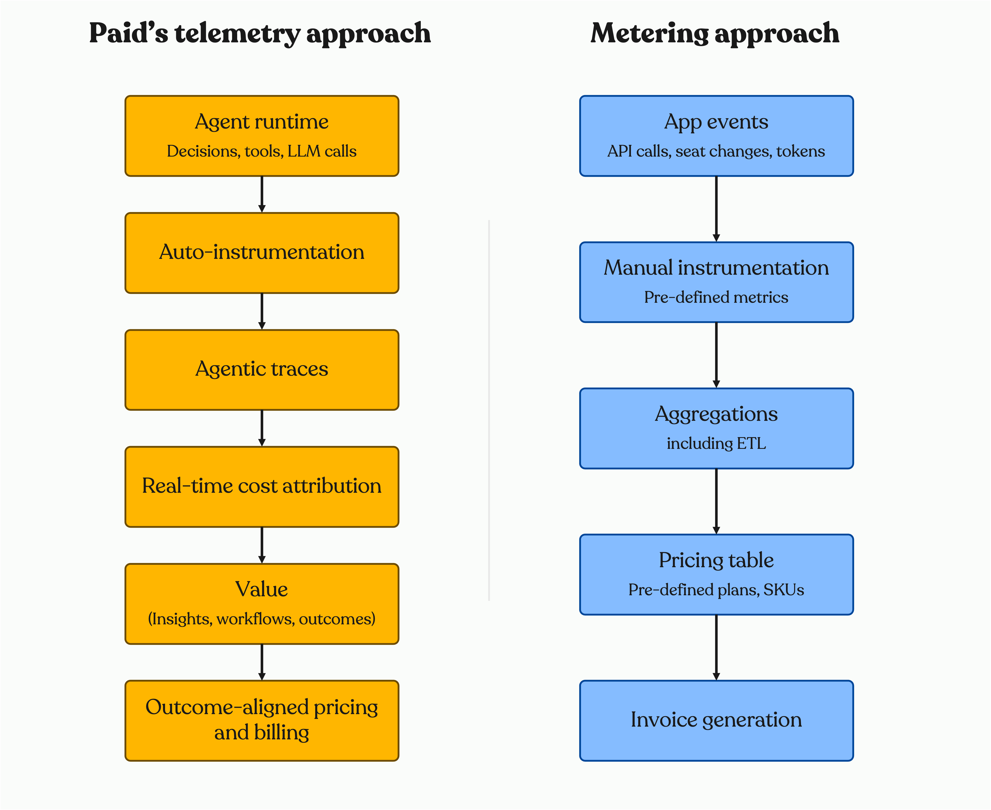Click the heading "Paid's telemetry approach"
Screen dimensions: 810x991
(x=260, y=34)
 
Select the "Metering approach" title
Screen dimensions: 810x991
(x=715, y=34)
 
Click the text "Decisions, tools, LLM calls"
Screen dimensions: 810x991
(x=262, y=151)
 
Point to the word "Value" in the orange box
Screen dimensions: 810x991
(x=261, y=589)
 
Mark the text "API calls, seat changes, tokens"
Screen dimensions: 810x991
(x=716, y=151)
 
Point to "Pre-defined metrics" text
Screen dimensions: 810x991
(x=716, y=297)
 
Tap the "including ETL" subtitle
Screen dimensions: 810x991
(x=716, y=443)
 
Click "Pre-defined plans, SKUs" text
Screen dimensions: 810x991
(x=716, y=590)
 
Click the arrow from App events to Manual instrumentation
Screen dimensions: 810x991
(x=716, y=209)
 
